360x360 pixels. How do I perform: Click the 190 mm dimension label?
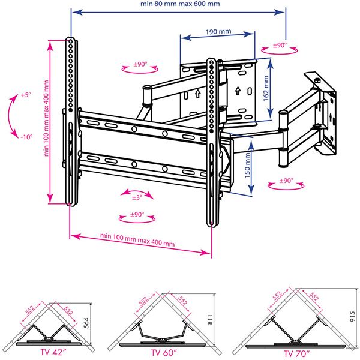point(218,31)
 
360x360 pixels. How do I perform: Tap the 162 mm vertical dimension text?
point(266,88)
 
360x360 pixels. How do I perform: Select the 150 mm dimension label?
point(247,166)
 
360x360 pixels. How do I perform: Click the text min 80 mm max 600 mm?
point(180,4)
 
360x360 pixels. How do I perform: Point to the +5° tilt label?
point(26,95)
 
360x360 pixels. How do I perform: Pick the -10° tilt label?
point(26,137)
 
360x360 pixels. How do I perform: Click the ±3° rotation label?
point(137,197)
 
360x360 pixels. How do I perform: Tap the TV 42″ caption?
point(53,352)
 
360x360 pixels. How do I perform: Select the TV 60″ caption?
point(164,353)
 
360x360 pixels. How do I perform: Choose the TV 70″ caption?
point(297,353)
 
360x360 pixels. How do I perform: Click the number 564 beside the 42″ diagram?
point(86,323)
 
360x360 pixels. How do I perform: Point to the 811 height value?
point(211,320)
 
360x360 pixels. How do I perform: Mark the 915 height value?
point(353,317)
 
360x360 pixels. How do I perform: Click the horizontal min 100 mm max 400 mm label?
point(137,240)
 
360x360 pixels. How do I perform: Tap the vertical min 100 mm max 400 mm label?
point(46,118)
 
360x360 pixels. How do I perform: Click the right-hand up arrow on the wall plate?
point(238,91)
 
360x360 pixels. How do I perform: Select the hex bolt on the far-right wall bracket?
point(317,80)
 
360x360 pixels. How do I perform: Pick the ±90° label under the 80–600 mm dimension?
point(280,45)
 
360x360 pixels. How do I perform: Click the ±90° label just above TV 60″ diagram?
point(137,214)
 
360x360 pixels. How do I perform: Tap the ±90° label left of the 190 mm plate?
point(140,64)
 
